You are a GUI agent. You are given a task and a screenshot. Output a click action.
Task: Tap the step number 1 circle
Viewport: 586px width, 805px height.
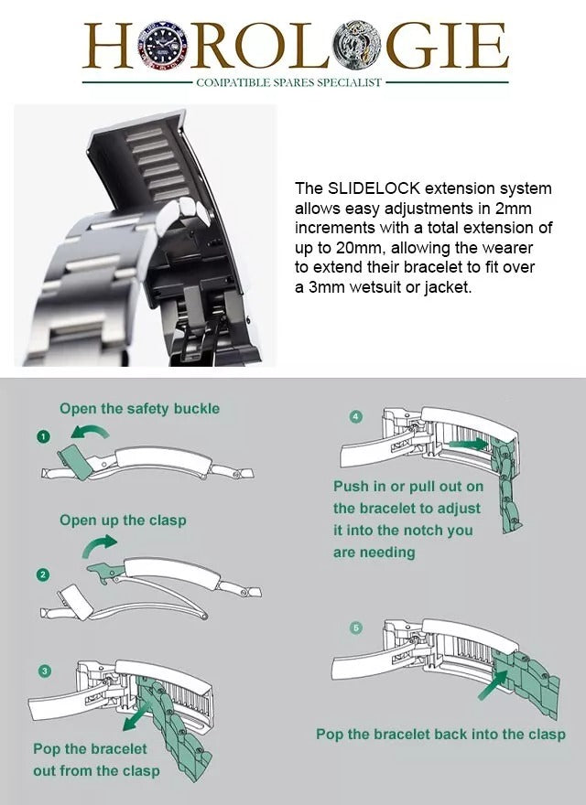[42, 436]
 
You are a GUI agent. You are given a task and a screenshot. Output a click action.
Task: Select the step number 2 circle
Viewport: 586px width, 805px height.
[42, 574]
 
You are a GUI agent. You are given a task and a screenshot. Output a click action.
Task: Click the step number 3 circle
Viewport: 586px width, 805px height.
[42, 671]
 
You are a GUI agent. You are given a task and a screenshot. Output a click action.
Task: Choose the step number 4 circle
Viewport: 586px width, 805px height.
[356, 416]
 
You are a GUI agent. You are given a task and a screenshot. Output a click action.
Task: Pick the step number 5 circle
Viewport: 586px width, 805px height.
[356, 628]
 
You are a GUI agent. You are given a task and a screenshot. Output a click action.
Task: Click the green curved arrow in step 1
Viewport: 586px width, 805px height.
[90, 431]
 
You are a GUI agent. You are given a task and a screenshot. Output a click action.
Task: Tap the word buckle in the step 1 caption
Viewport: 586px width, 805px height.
[195, 408]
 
